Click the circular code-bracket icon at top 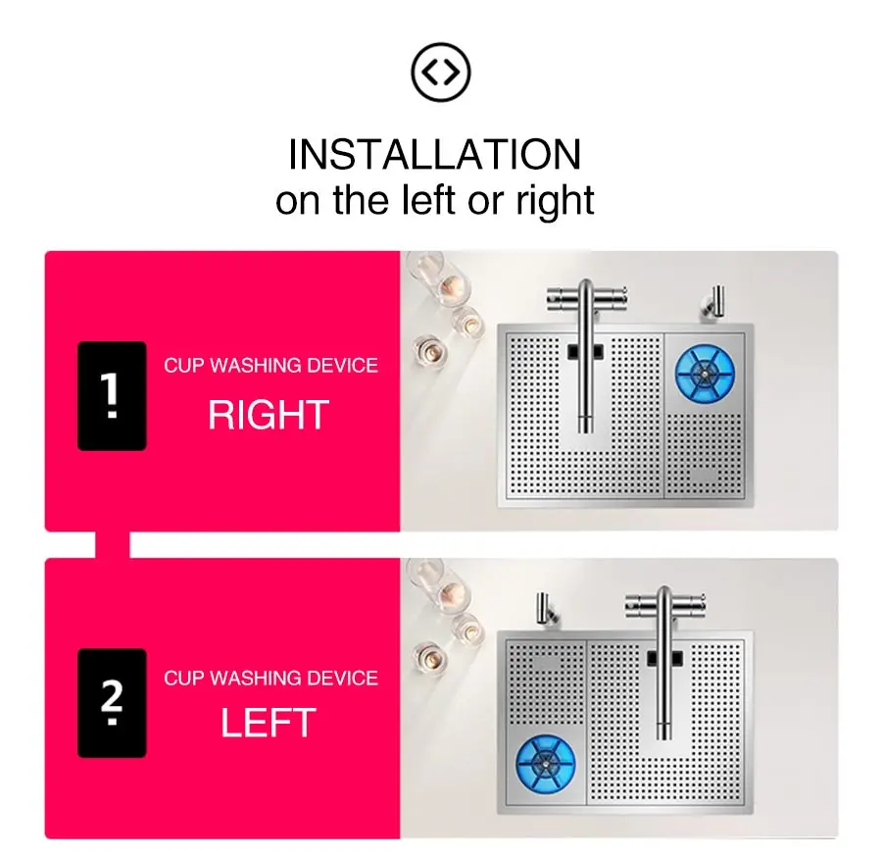coord(440,72)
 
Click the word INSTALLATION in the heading coord(434,154)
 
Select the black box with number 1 coord(112,395)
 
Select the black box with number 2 coord(112,703)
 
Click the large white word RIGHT coord(269,415)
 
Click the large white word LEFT coord(269,723)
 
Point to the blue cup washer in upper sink coord(705,375)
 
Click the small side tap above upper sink coord(713,304)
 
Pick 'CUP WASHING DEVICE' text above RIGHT coord(270,366)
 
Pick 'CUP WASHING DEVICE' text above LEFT coord(270,678)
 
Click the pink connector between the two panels coord(113,545)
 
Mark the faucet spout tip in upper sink coord(586,428)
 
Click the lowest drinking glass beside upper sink coord(430,351)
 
